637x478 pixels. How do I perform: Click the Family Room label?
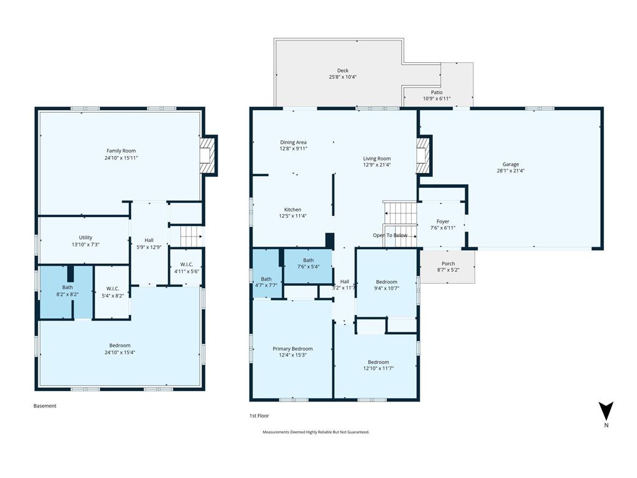121,151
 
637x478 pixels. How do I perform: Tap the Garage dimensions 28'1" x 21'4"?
511,171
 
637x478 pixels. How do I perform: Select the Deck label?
343,70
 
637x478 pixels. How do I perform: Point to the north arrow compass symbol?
606,411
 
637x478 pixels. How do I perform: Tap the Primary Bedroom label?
292,349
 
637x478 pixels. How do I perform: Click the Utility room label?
85,237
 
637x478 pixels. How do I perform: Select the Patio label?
437,92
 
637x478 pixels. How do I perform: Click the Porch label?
448,263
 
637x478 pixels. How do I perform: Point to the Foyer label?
443,222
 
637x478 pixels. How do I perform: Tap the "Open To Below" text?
390,235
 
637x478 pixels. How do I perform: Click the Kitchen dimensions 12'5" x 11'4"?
292,216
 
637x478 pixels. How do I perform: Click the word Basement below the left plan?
45,406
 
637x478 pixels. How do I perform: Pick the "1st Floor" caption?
259,415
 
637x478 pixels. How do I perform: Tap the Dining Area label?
294,143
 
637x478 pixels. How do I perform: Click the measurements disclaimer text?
316,432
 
